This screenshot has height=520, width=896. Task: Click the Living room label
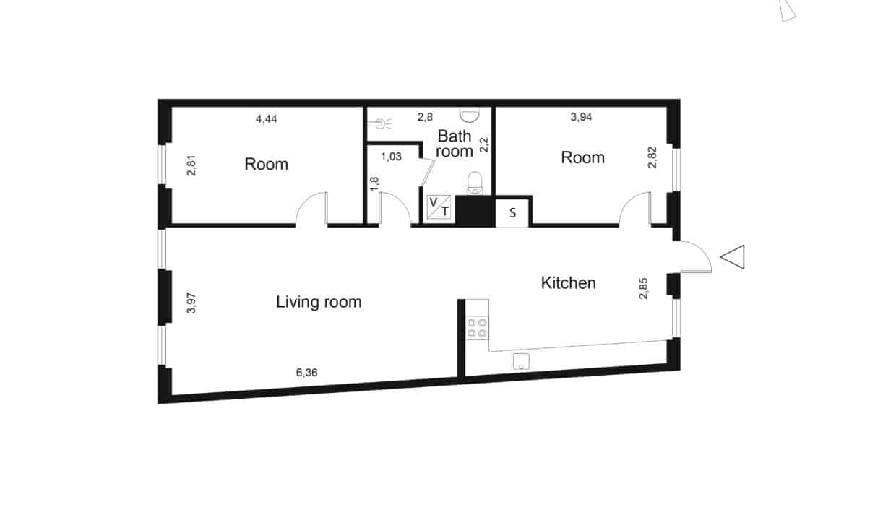tap(319, 302)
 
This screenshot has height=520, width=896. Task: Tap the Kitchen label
tap(569, 283)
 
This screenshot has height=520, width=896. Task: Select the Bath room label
tap(455, 144)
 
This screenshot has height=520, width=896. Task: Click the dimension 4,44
tap(267, 119)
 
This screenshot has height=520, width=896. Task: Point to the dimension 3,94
tap(581, 117)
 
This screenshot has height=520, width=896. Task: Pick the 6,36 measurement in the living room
tap(307, 373)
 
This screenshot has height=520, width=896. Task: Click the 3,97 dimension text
tap(191, 303)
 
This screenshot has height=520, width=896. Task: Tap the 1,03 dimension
tap(391, 157)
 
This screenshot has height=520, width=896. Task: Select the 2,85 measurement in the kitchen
tap(643, 289)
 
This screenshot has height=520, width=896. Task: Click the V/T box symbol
tap(439, 207)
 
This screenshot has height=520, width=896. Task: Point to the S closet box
tap(513, 212)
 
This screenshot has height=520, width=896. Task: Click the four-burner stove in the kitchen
tap(477, 327)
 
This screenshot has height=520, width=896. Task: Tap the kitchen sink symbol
tap(521, 361)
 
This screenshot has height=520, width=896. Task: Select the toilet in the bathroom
tap(475, 184)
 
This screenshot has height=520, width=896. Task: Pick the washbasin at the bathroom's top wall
tap(469, 115)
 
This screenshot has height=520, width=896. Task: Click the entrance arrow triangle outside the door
tap(733, 257)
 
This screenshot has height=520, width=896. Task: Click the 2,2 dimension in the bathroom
tap(484, 144)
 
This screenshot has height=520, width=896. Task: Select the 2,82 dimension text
tap(652, 157)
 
